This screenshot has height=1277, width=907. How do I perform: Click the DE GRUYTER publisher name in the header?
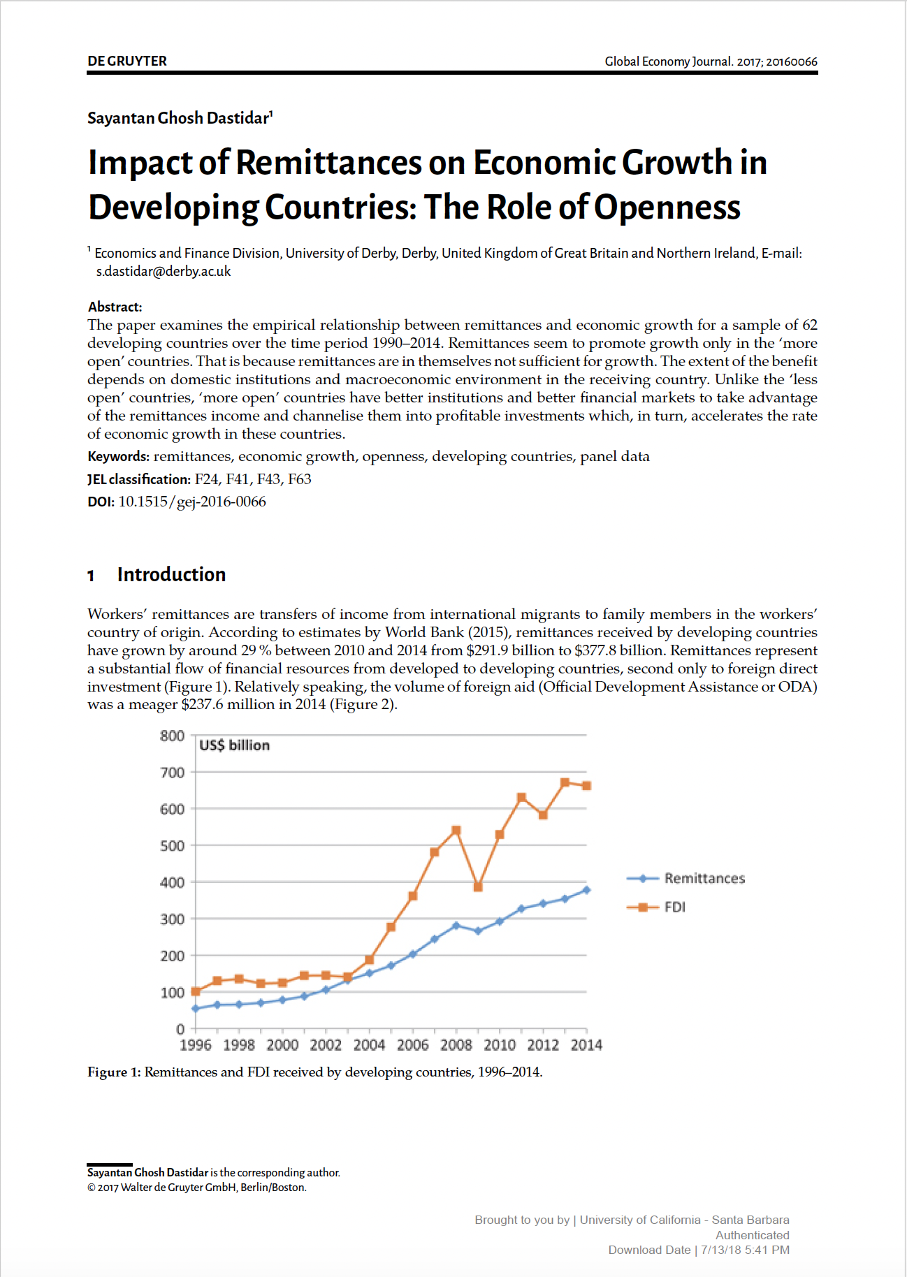(127, 61)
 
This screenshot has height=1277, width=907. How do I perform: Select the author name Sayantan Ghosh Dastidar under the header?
(178, 118)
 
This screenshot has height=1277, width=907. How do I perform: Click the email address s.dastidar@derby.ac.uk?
(164, 272)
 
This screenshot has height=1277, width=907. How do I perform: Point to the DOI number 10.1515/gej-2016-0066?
(192, 502)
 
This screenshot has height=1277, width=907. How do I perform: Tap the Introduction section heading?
(171, 574)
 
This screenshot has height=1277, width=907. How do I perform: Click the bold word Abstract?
(115, 307)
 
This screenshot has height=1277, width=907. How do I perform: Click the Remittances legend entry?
(704, 878)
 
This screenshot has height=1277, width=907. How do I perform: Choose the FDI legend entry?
(674, 907)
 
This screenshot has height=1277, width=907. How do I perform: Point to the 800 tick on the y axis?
(172, 736)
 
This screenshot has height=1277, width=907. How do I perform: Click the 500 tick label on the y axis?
(172, 846)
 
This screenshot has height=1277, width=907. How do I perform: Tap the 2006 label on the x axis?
(412, 1045)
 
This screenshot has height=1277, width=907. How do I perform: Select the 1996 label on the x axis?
(195, 1045)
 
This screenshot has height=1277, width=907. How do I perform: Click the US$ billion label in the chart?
(234, 745)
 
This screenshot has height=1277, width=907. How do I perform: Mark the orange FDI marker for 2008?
(456, 831)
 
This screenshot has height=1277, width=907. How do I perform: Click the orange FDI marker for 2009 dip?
(478, 886)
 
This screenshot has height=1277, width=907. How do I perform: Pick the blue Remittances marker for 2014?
(586, 890)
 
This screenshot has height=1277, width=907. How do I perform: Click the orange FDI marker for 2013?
(565, 782)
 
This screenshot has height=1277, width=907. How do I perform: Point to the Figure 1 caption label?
(114, 1072)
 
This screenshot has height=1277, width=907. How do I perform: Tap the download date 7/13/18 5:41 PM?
(745, 1250)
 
